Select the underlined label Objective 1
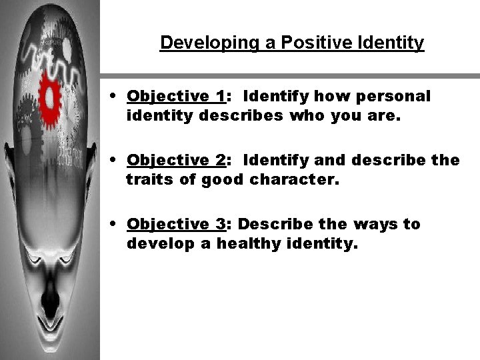coord(175,96)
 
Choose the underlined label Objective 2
coord(175,160)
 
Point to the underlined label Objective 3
coord(175,224)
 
